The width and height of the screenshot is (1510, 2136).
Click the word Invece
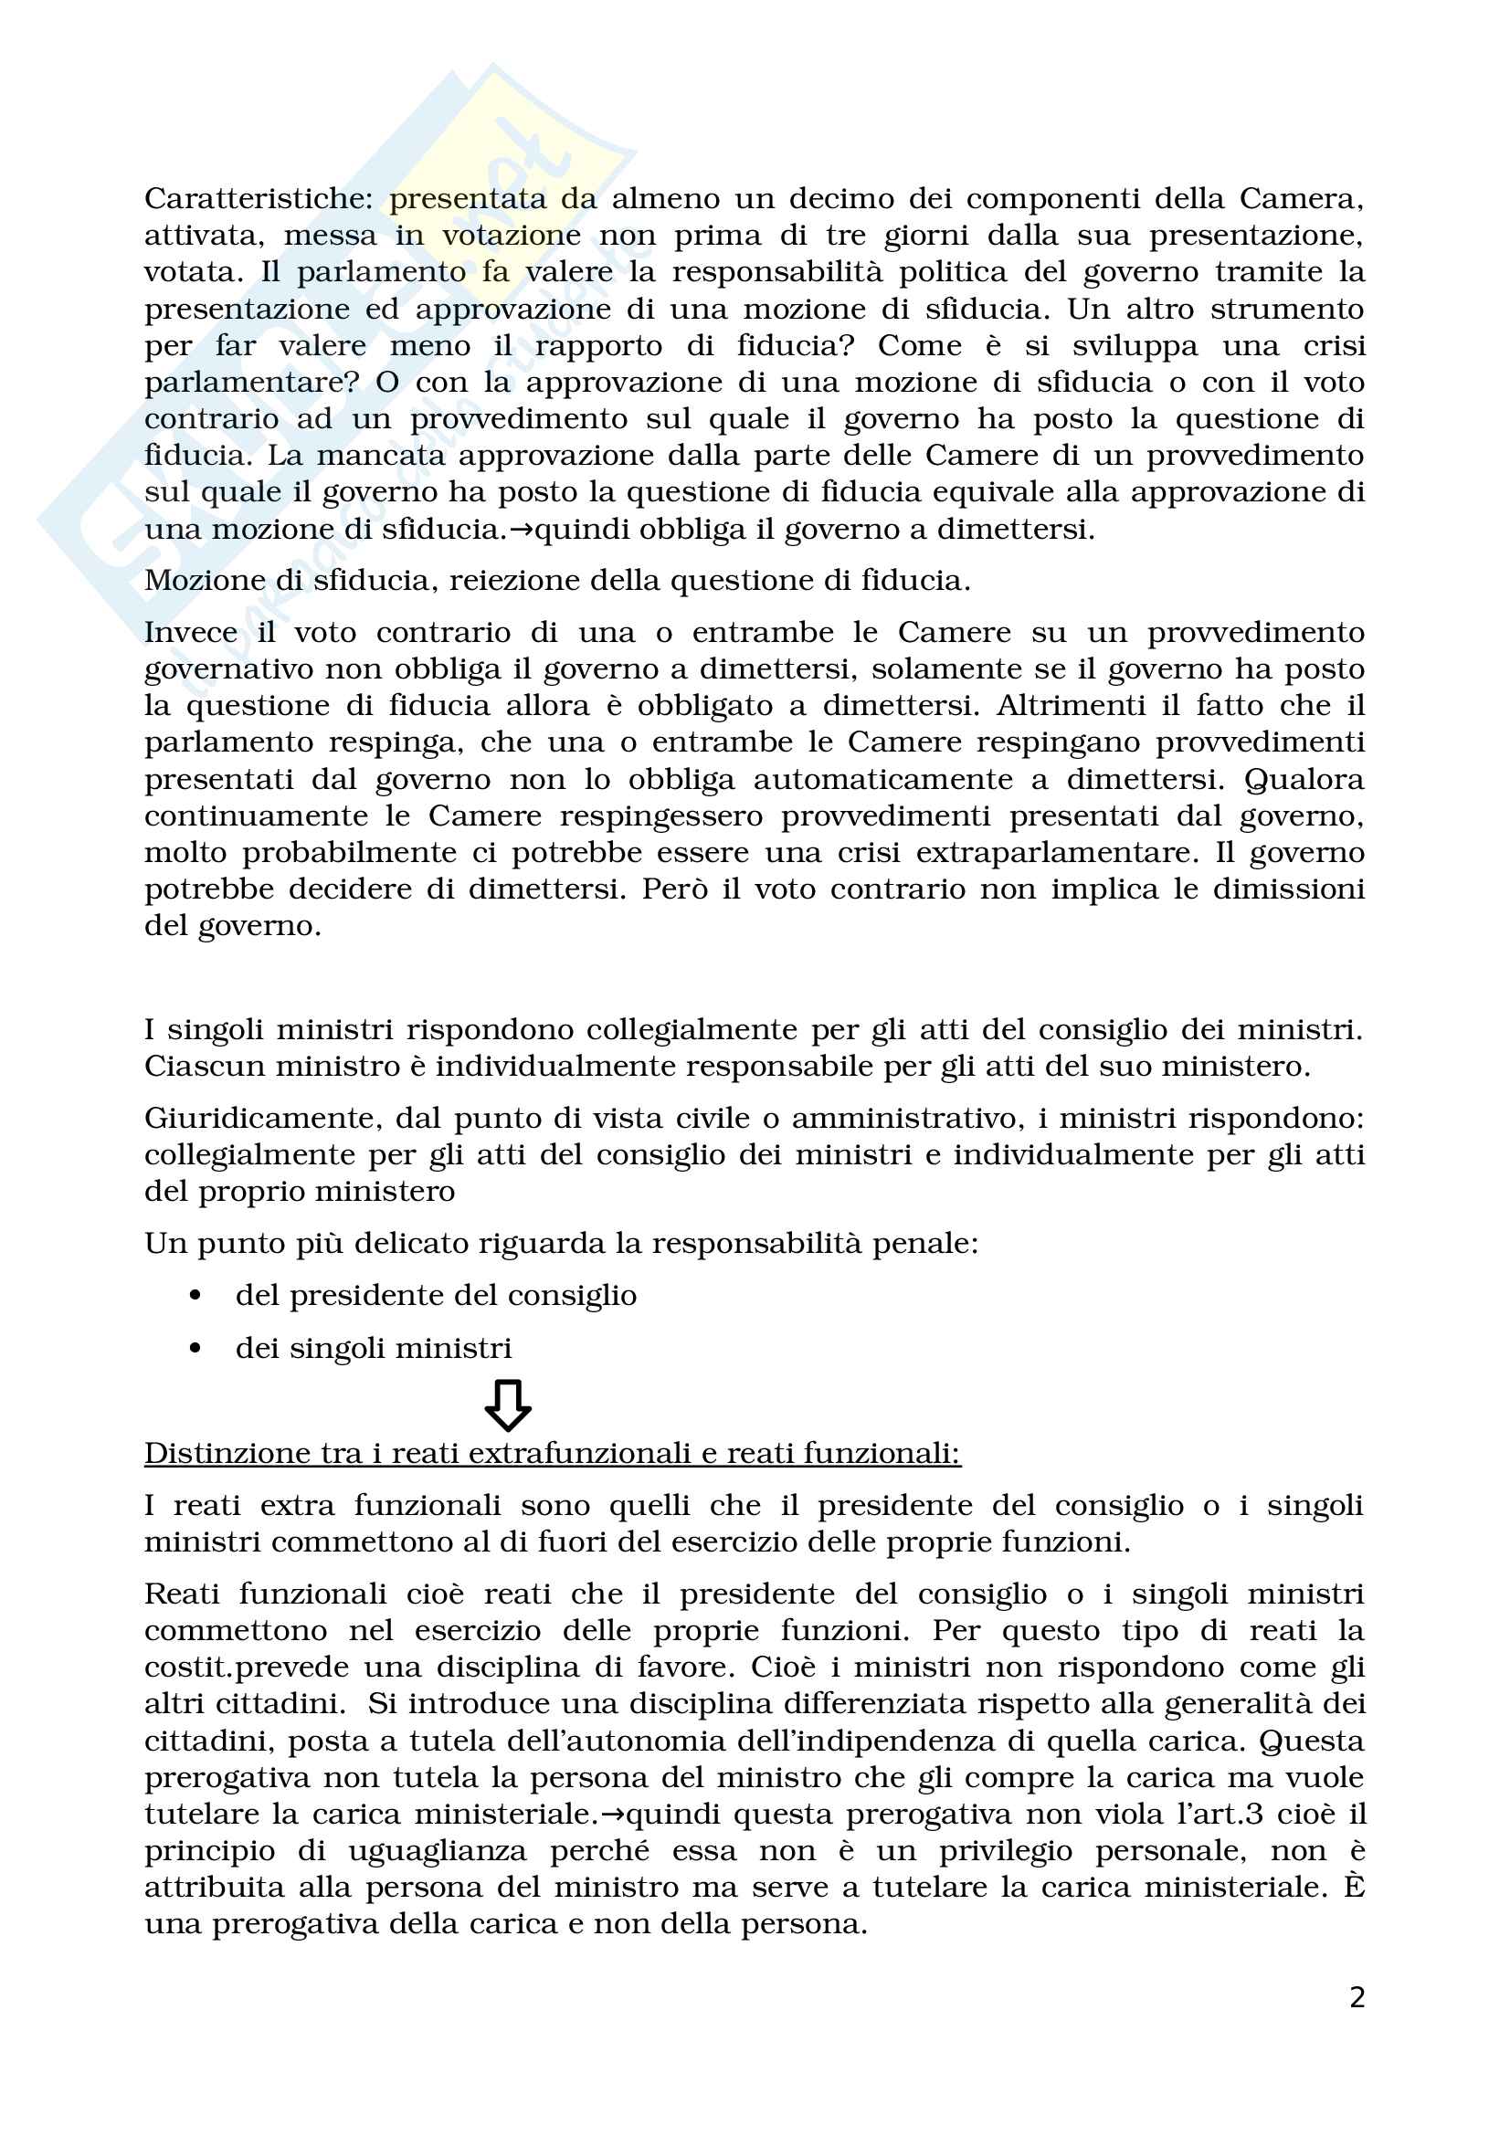pos(190,633)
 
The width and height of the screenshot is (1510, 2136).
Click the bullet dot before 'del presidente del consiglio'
pos(195,1296)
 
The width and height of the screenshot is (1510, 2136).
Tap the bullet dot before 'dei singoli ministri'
pos(195,1348)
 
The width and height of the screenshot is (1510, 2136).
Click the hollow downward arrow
pos(508,1404)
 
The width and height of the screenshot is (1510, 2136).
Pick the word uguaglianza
pos(438,1851)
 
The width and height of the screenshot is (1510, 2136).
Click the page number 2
pos(1357,1997)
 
